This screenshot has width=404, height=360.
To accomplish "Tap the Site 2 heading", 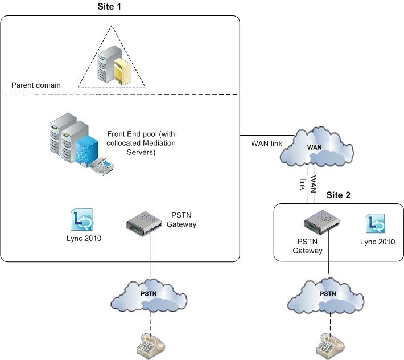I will [x=339, y=194].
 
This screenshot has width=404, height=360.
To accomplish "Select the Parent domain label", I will [x=36, y=85].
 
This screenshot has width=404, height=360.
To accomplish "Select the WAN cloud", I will [x=319, y=147].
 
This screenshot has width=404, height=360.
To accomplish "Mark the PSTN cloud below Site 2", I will [x=328, y=296].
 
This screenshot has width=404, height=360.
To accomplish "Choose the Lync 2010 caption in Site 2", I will [x=377, y=242].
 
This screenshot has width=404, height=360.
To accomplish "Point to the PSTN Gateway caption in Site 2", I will [x=308, y=247].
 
